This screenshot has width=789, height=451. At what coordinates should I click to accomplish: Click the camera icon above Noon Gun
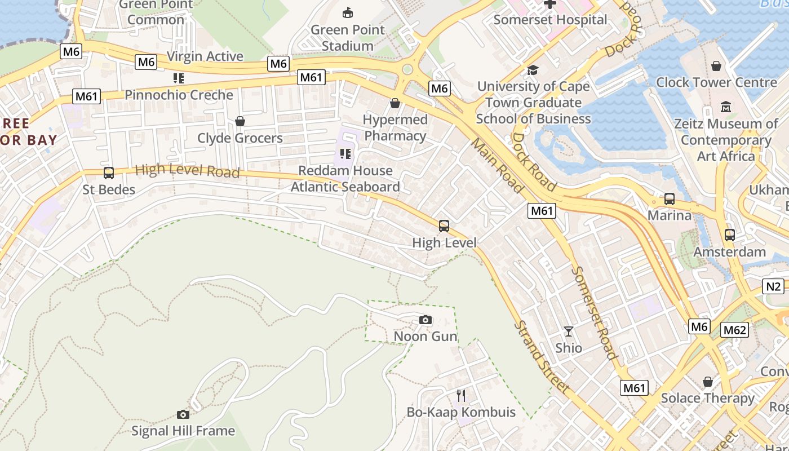tap(425, 320)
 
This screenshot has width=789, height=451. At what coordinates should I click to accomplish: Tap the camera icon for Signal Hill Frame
tap(183, 415)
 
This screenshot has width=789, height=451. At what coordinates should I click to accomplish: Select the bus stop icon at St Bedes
tap(109, 173)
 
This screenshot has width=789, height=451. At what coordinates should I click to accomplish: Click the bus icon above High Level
tap(444, 226)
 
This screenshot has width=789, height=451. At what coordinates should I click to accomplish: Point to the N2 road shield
tap(774, 286)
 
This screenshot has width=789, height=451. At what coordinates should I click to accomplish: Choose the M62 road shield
tap(735, 330)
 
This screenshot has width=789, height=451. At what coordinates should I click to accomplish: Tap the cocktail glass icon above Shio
tap(569, 331)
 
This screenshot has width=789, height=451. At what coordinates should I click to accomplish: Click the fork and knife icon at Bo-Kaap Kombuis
tap(461, 395)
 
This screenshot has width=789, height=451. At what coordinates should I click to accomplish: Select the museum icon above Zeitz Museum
tap(726, 107)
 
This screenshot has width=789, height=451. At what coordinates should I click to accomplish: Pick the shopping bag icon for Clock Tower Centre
tap(716, 67)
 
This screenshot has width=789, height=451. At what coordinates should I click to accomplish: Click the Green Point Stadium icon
tap(348, 13)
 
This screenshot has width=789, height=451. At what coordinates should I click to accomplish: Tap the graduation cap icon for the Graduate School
tap(533, 70)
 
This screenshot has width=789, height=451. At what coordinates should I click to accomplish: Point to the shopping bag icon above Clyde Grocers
tap(240, 121)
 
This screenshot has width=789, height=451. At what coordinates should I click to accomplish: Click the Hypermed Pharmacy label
tap(395, 128)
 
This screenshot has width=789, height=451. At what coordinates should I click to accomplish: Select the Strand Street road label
tap(541, 357)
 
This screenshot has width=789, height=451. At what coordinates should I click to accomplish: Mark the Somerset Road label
tap(593, 312)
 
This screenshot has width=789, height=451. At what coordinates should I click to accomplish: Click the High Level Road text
tap(188, 170)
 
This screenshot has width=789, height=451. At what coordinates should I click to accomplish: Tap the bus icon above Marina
tap(670, 199)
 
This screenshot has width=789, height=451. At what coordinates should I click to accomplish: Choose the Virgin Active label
tap(205, 56)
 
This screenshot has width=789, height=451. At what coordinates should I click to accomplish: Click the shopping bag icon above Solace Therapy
tap(708, 382)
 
